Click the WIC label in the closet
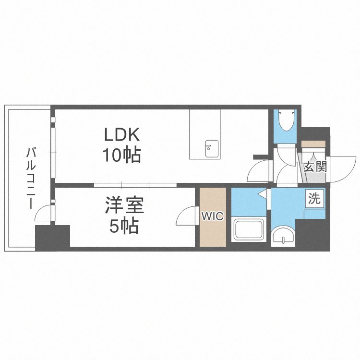212,216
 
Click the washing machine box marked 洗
314,199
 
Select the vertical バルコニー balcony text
31,178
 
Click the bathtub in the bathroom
248,231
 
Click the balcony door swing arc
42,213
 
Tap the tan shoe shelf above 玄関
313,144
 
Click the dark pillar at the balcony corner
52,238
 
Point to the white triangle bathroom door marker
262,194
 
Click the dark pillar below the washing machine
313,234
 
